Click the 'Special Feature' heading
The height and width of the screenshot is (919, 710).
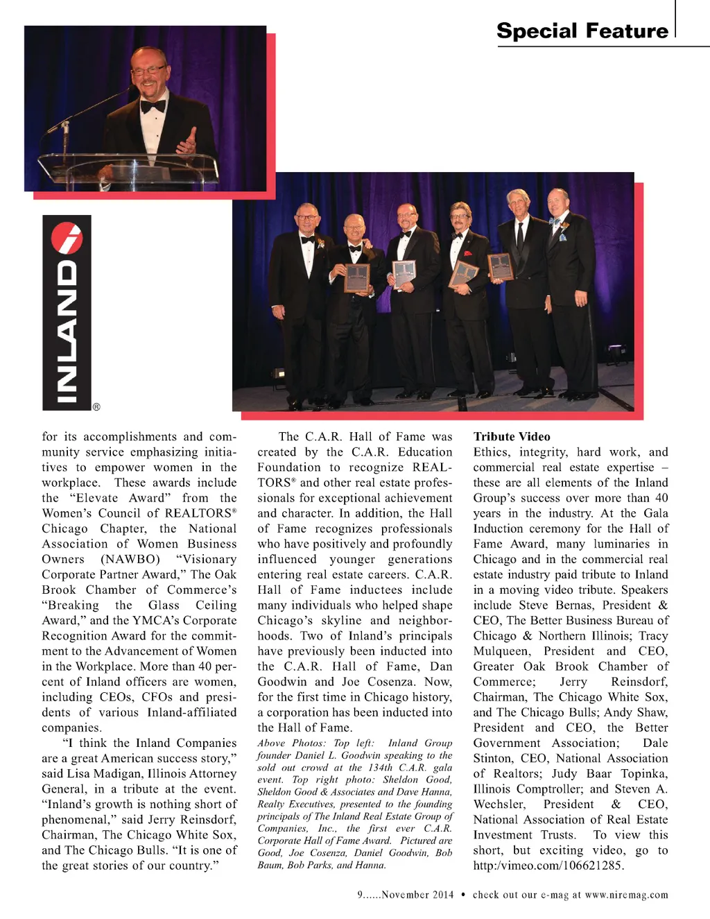[582, 31]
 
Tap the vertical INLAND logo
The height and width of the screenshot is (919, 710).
[67, 313]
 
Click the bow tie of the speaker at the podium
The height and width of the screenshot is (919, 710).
[153, 106]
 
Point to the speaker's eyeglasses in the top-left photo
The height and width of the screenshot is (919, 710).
[148, 70]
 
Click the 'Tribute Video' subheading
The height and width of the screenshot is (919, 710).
[512, 437]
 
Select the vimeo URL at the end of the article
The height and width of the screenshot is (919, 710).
[548, 866]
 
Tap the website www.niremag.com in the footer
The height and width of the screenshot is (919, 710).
[627, 895]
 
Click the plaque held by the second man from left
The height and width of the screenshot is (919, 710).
[357, 277]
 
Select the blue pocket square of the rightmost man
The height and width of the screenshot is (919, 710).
[562, 237]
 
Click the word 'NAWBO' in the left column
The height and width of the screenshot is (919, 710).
[130, 559]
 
